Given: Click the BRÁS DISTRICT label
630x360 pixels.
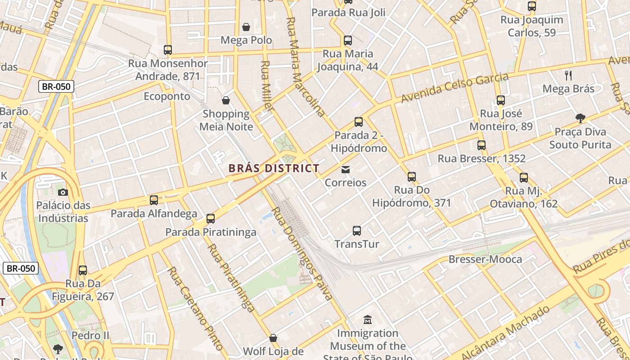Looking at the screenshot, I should [x=274, y=169].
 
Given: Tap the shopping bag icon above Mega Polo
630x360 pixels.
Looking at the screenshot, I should [x=246, y=27].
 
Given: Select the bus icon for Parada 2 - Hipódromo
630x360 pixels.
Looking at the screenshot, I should [x=359, y=122].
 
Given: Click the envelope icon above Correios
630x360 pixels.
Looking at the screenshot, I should [x=346, y=170].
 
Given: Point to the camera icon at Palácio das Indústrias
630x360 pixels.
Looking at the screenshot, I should [x=63, y=192].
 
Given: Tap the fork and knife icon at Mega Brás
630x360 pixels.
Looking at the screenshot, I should [x=568, y=76].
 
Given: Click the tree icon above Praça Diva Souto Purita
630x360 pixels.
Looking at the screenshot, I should [x=580, y=118].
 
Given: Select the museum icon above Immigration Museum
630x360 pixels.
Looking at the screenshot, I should [x=368, y=320].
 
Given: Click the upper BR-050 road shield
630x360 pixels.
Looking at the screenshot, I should [x=56, y=86].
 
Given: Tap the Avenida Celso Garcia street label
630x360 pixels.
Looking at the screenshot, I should [x=454, y=87].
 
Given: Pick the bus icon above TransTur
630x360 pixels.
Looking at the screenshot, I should [x=357, y=231].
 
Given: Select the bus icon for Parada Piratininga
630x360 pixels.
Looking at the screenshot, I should [x=211, y=219].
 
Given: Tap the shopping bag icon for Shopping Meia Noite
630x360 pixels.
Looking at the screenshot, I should [x=226, y=100].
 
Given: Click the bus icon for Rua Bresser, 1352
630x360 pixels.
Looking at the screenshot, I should [x=481, y=145].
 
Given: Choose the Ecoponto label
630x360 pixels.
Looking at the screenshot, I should [x=167, y=96].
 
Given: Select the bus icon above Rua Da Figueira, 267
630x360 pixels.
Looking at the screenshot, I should [x=83, y=270].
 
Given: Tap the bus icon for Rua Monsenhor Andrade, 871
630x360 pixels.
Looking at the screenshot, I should [x=168, y=50].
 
